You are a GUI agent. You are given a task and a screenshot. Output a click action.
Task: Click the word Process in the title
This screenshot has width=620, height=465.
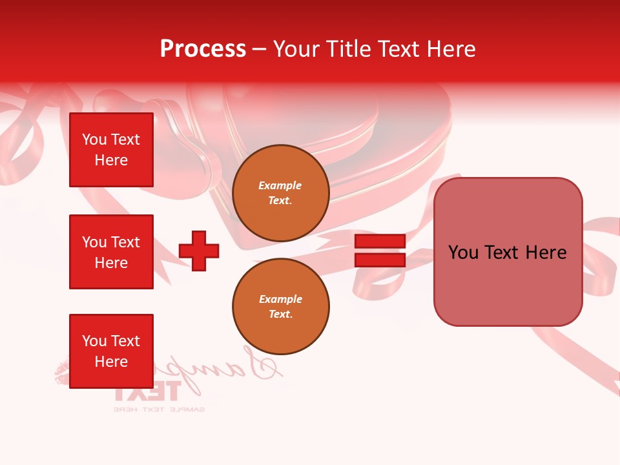(203, 49)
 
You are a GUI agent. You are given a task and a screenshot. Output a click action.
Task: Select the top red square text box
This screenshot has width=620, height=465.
(111, 150)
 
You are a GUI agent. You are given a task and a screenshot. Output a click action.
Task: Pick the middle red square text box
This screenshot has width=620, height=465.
(111, 252)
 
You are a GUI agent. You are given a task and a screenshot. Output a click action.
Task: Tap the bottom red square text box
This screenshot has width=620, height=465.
(111, 351)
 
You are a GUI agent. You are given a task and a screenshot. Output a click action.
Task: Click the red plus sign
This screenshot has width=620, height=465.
(199, 251)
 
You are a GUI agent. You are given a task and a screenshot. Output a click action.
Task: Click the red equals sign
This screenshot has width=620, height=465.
(380, 251)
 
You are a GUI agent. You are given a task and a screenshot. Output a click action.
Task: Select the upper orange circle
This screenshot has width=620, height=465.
(281, 193)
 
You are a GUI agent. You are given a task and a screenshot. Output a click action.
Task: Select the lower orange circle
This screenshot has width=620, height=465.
(281, 306)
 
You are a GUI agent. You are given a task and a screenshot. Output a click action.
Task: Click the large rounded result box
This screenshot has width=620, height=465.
(508, 252)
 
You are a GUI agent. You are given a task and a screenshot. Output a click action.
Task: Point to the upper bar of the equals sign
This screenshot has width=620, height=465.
(380, 241)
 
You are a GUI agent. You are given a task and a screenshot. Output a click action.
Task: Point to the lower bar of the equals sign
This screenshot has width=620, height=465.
(380, 260)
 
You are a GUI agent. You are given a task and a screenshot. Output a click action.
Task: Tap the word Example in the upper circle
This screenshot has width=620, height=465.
(280, 185)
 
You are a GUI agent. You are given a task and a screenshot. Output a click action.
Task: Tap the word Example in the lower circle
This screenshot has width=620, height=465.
(280, 299)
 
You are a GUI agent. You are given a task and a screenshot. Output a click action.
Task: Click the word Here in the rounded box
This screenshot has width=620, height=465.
(546, 253)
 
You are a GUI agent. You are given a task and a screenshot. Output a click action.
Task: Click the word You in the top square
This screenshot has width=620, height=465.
(94, 139)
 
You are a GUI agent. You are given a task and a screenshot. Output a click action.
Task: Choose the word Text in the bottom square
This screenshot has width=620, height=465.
(125, 341)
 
